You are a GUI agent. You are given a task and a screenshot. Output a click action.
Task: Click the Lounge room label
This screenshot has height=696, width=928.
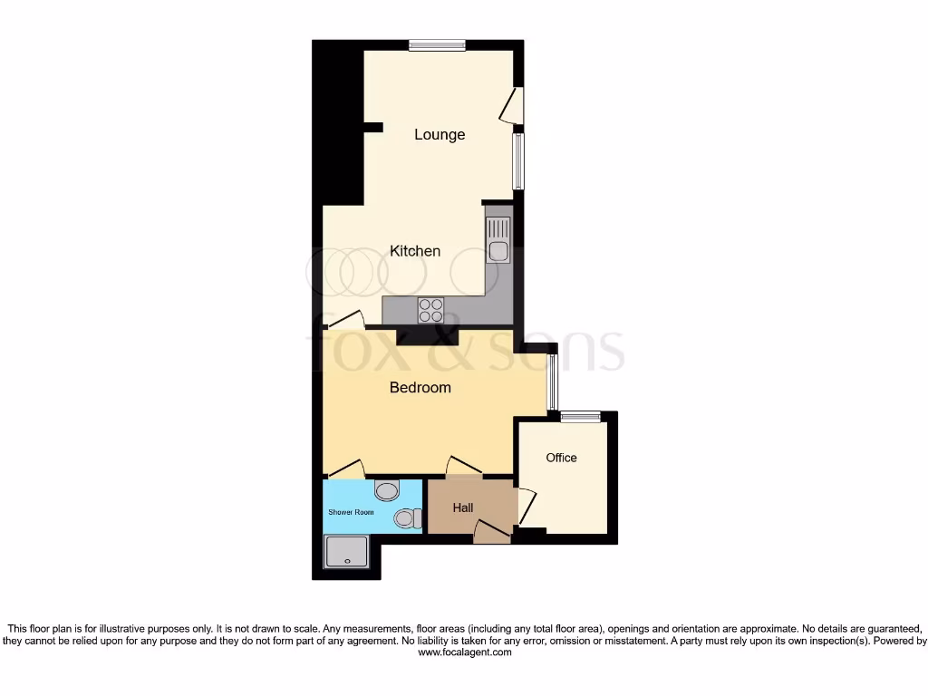pyautogui.click(x=440, y=134)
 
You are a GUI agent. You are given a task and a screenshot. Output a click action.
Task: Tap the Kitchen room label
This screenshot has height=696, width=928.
pyautogui.click(x=415, y=251)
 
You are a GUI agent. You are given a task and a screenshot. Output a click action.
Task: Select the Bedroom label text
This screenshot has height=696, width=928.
pyautogui.click(x=420, y=388)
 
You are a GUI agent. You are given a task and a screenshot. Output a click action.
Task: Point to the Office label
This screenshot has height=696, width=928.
pyautogui.click(x=561, y=458)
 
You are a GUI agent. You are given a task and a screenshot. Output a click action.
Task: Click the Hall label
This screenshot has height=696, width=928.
pyautogui.click(x=463, y=508)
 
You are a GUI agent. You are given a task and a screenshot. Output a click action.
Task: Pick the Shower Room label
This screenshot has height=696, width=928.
pyautogui.click(x=351, y=512)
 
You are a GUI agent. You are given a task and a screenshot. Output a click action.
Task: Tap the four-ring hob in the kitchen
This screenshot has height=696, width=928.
pyautogui.click(x=430, y=311)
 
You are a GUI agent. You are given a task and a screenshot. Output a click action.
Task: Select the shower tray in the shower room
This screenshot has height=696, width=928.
pyautogui.click(x=348, y=551)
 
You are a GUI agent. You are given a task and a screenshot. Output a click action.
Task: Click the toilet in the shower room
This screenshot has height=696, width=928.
pyautogui.click(x=408, y=518)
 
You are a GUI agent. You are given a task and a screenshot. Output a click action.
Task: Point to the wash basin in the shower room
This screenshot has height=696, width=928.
pyautogui.click(x=387, y=491)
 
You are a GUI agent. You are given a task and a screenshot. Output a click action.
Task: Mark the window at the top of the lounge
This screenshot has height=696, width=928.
pyautogui.click(x=437, y=45)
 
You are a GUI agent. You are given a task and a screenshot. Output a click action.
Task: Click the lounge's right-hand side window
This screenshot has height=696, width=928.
pyautogui.click(x=518, y=161)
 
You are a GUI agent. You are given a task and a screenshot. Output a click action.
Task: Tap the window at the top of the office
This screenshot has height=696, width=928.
pyautogui.click(x=580, y=417)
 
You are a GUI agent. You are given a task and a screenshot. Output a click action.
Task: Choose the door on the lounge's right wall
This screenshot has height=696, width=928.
pyautogui.click(x=513, y=104)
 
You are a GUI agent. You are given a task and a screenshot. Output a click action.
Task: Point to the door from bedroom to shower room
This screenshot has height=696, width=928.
pyautogui.click(x=346, y=469)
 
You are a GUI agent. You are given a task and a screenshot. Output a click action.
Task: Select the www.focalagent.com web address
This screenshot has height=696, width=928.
pyautogui.click(x=464, y=652)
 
